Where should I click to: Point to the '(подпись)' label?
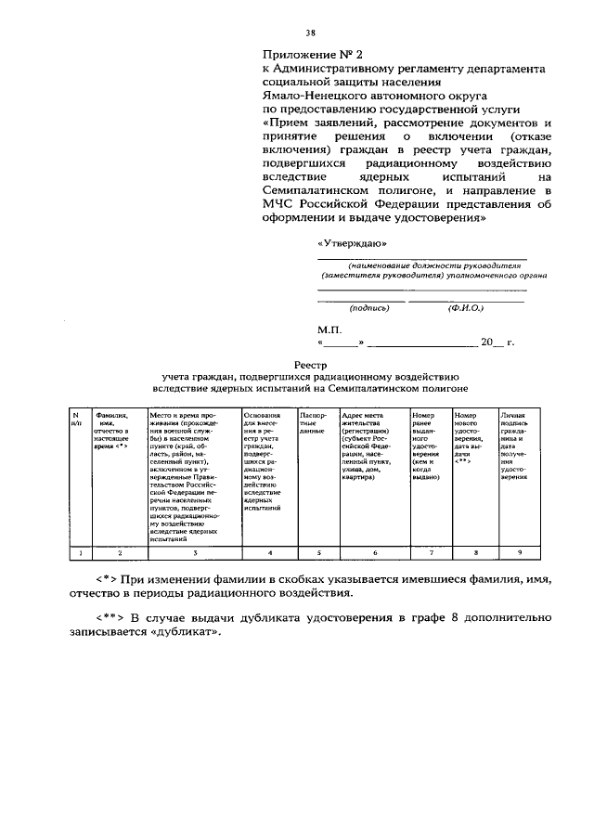point(368,307)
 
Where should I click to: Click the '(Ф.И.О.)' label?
point(465,307)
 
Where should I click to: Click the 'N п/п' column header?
point(78,420)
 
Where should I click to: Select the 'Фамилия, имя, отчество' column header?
point(110,431)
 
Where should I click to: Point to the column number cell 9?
point(519,553)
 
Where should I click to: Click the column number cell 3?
point(194,553)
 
